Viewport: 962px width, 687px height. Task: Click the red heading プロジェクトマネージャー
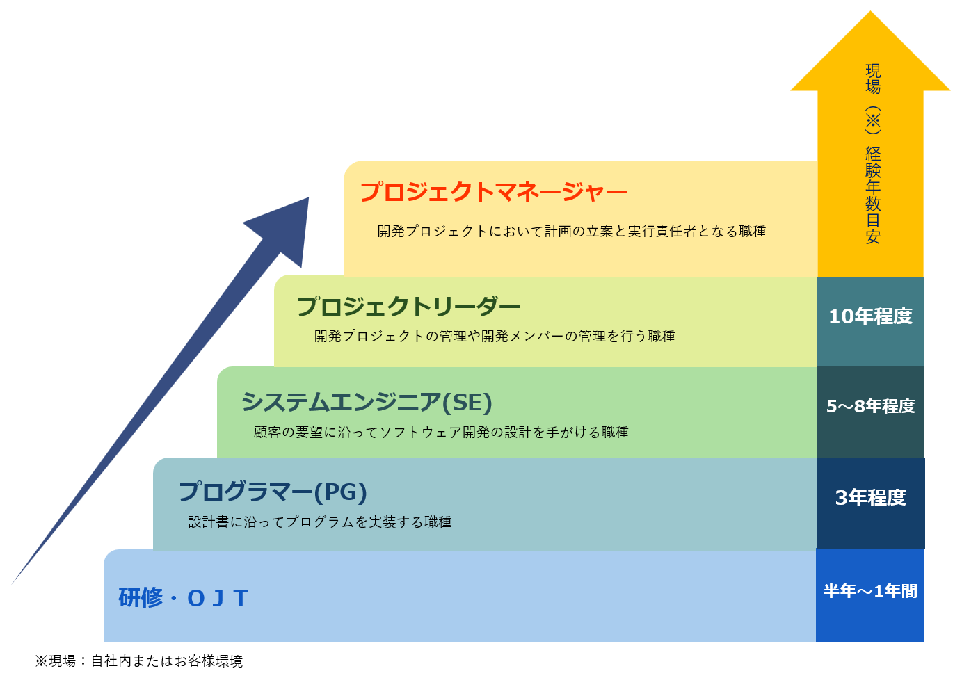pyautogui.click(x=494, y=192)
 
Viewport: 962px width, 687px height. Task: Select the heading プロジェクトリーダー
pyautogui.click(x=408, y=307)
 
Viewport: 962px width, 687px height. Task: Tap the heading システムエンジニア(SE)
pyautogui.click(x=367, y=402)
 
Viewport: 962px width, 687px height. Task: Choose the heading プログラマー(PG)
pyautogui.click(x=273, y=492)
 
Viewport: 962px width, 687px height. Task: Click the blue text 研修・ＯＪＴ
pyautogui.click(x=183, y=598)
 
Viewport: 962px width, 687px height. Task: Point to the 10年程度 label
pyautogui.click(x=870, y=316)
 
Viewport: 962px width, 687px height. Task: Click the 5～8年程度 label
pyautogui.click(x=870, y=406)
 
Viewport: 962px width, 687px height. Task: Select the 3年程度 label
pyautogui.click(x=870, y=498)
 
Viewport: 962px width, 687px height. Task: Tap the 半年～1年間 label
pyautogui.click(x=870, y=591)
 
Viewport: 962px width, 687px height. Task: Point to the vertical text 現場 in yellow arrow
pyautogui.click(x=873, y=79)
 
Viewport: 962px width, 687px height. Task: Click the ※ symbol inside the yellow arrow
pyautogui.click(x=873, y=120)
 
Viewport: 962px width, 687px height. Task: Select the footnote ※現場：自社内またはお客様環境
pyautogui.click(x=139, y=661)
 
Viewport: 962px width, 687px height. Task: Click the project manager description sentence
pyautogui.click(x=571, y=232)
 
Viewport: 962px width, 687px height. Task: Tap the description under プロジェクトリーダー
pyautogui.click(x=494, y=337)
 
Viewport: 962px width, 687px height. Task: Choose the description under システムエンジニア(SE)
pyautogui.click(x=441, y=433)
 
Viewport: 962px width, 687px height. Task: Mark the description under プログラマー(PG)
pyautogui.click(x=319, y=522)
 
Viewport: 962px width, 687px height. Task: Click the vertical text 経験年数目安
pyautogui.click(x=873, y=195)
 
